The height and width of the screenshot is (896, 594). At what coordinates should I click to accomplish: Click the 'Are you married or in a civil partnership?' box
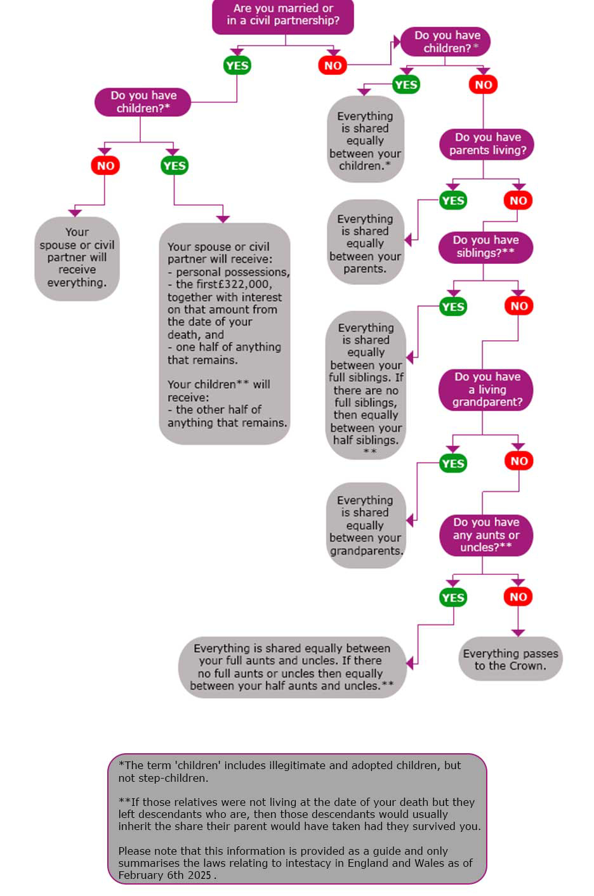[282, 15]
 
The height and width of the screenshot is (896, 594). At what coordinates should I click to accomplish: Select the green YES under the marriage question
[237, 65]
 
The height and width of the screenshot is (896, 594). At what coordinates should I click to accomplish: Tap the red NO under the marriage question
[333, 65]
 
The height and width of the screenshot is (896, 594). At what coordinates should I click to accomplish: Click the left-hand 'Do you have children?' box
[143, 102]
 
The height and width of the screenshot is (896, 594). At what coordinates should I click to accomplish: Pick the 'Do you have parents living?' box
[487, 144]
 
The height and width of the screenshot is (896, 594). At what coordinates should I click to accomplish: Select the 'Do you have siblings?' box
[485, 247]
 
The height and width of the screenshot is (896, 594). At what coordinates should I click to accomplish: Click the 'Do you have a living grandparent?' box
[487, 390]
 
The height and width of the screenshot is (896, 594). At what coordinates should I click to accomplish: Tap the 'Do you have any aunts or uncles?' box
[486, 535]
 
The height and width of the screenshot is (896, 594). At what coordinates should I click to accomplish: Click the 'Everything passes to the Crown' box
[510, 660]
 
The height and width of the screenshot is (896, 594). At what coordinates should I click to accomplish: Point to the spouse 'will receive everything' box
[77, 258]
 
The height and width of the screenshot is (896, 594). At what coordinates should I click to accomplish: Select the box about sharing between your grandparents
[365, 526]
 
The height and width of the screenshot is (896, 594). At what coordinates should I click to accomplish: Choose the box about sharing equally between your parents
[365, 244]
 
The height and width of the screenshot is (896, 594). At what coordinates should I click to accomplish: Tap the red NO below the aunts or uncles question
[518, 596]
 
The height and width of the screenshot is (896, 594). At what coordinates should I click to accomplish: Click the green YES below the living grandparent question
[453, 463]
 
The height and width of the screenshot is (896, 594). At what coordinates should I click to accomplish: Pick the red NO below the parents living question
[518, 201]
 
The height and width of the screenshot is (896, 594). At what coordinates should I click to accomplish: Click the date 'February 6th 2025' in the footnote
[164, 875]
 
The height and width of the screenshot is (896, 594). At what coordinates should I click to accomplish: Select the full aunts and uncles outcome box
[291, 668]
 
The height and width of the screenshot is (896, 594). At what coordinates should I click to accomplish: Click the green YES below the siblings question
[453, 307]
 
